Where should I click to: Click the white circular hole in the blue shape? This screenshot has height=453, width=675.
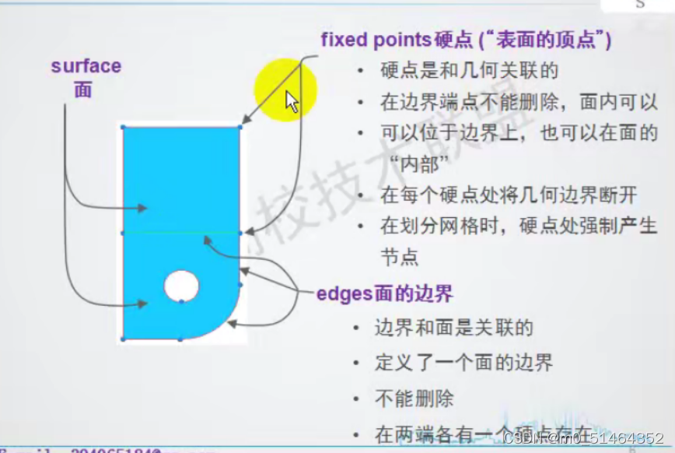(x=181, y=286)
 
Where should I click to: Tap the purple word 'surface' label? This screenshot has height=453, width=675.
(x=86, y=66)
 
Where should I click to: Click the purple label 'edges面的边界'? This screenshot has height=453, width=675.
(x=385, y=294)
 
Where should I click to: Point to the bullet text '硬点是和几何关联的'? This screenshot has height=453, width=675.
(x=469, y=71)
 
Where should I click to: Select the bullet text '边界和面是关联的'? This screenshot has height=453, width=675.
(x=453, y=328)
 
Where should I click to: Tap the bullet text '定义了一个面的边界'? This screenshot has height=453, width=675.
(x=463, y=363)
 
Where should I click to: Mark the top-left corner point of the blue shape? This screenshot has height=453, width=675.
(x=123, y=126)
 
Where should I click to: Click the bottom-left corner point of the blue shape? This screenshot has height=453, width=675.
(x=123, y=339)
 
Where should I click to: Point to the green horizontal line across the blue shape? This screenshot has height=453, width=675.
(x=180, y=232)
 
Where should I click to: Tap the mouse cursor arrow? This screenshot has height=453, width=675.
(x=292, y=101)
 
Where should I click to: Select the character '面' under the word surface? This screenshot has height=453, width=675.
(x=83, y=90)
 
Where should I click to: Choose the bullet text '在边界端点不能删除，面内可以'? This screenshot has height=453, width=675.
(x=519, y=102)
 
